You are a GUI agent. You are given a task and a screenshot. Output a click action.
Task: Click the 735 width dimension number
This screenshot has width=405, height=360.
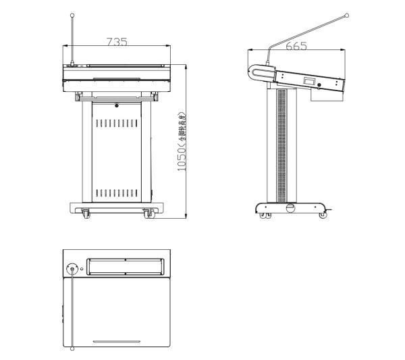[x=117, y=42]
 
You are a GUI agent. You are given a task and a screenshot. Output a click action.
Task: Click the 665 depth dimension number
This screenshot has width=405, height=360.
[x=296, y=46]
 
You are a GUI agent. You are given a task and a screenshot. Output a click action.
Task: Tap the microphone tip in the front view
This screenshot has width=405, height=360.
[x=72, y=15]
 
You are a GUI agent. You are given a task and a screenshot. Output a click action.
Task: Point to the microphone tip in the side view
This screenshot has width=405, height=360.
[x=347, y=15]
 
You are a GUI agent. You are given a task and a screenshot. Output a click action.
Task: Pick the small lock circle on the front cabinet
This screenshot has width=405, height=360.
[x=116, y=105]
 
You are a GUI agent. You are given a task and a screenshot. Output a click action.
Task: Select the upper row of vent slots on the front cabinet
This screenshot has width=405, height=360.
[x=116, y=124]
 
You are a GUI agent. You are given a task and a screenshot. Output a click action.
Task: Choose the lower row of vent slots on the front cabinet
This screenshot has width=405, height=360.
[x=116, y=192]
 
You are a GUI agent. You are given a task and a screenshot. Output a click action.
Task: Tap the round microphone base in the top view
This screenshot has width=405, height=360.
[x=72, y=267]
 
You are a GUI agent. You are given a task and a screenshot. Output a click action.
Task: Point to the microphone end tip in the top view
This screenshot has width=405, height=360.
[x=72, y=349]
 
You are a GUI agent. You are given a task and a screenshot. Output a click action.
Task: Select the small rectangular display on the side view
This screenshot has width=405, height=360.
[x=310, y=82]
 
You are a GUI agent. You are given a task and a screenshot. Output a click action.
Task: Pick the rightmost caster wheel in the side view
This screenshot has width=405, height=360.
[x=323, y=216]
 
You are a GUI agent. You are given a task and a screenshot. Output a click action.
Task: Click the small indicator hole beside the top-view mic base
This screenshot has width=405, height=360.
[x=82, y=268]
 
